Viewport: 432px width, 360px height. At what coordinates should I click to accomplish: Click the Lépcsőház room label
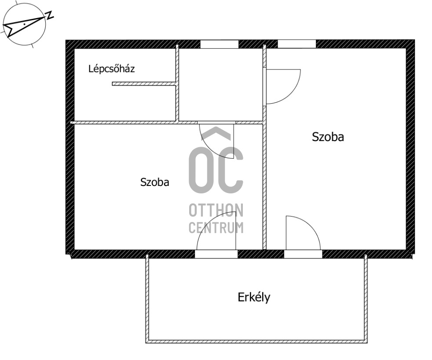(111, 69)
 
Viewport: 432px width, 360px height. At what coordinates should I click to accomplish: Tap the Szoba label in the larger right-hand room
(328, 137)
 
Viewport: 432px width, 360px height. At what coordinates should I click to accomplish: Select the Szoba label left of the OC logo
(154, 182)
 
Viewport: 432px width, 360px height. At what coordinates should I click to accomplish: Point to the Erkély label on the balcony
(254, 298)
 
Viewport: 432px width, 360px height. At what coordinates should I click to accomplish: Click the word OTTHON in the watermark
(216, 211)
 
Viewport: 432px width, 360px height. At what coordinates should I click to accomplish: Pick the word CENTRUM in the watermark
(216, 228)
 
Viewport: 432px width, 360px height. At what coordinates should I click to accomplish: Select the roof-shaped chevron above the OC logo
(216, 133)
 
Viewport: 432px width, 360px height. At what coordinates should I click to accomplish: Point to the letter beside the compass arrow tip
(50, 15)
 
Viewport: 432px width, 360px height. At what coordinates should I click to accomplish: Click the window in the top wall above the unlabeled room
(219, 44)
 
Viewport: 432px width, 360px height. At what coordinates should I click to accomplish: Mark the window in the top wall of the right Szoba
(297, 44)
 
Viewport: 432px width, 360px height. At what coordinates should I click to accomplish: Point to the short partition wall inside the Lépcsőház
(144, 84)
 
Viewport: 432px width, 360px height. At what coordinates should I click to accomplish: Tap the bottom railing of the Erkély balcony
(256, 340)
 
